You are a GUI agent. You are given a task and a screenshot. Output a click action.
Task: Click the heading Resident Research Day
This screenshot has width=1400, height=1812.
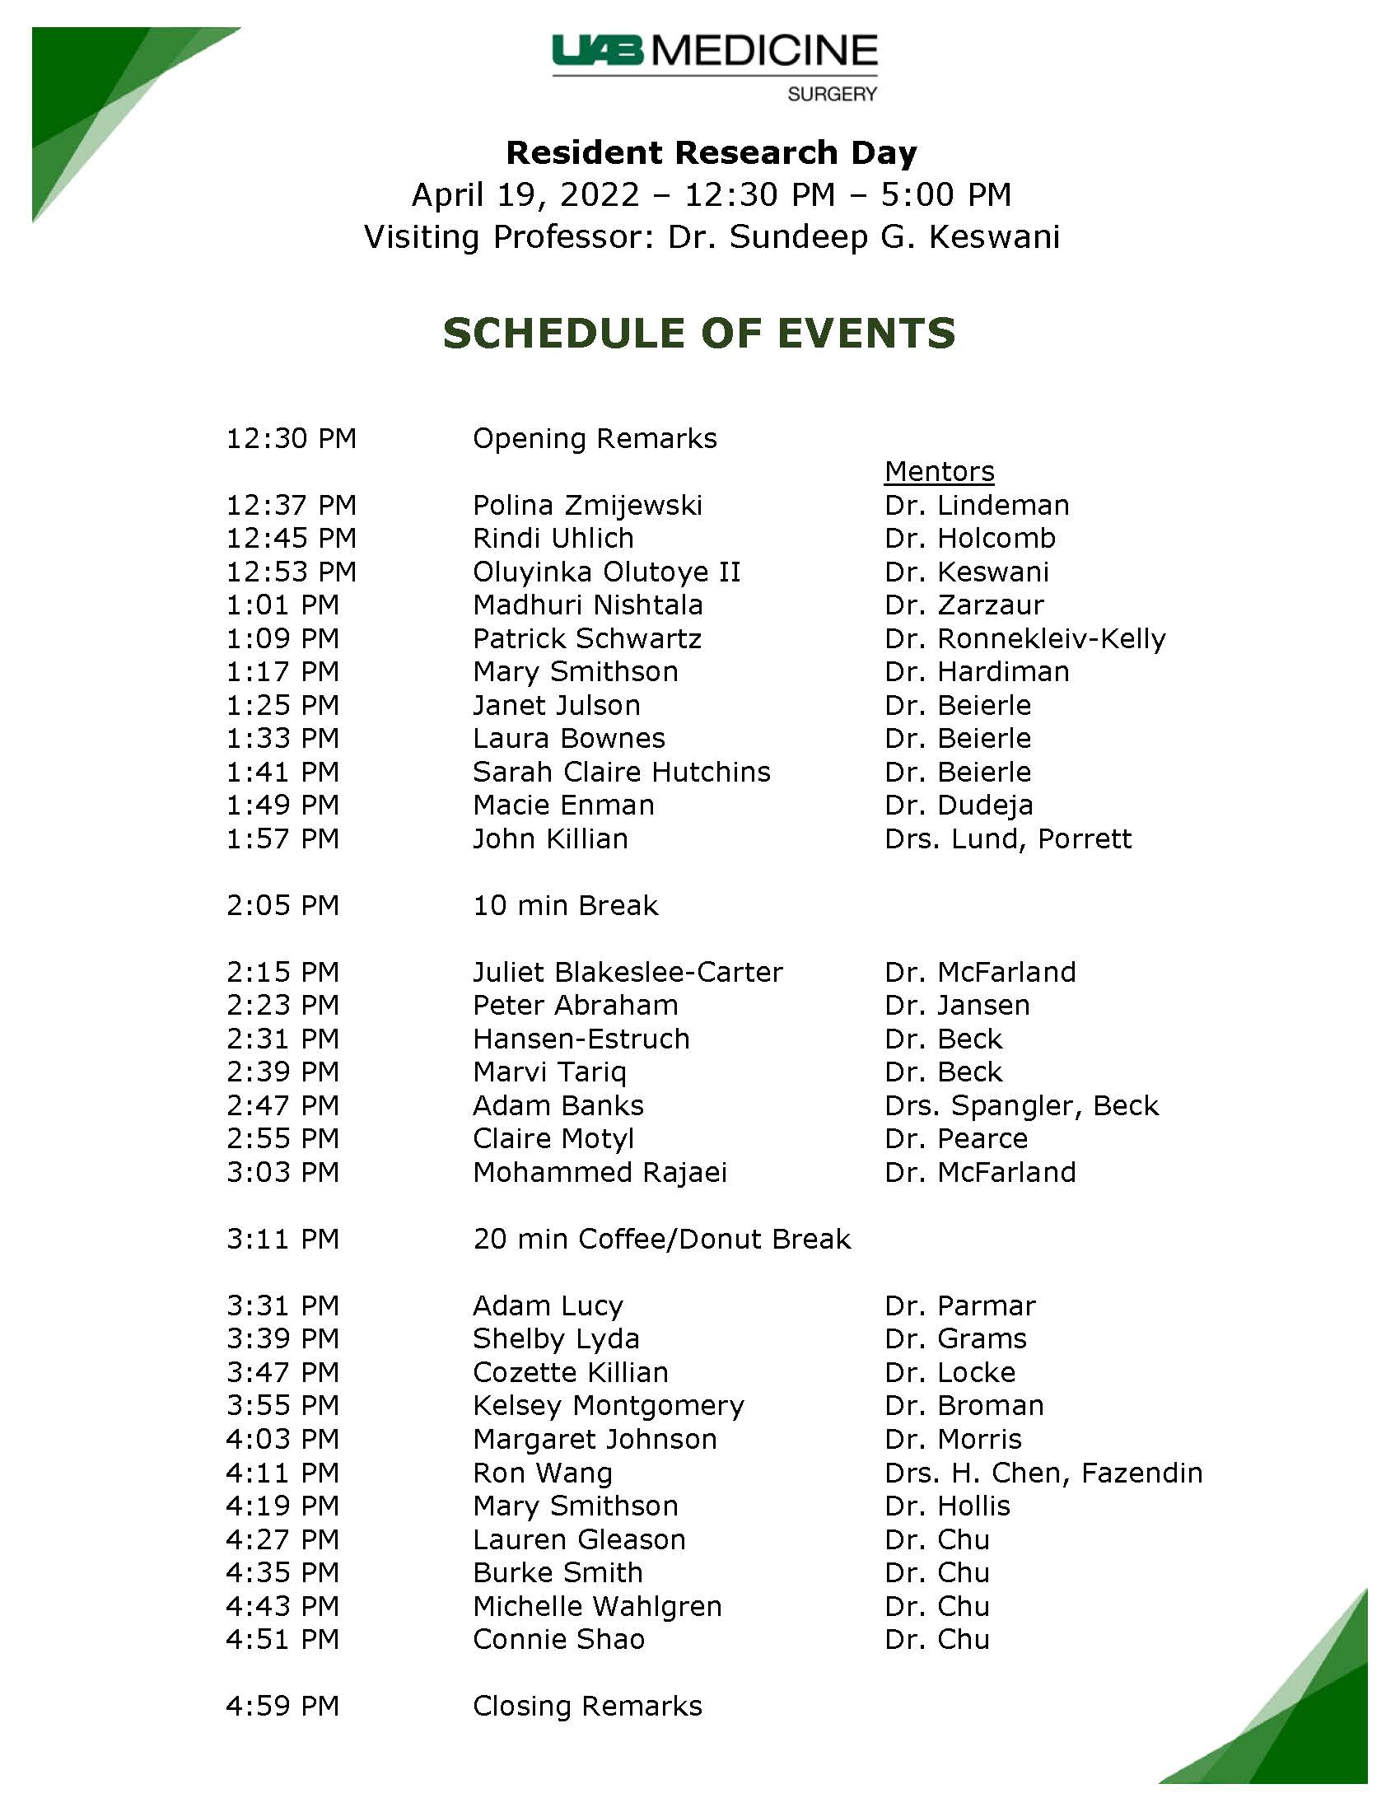pyautogui.click(x=712, y=153)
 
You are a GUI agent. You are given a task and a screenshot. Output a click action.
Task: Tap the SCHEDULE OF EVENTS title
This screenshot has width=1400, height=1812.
pyautogui.click(x=699, y=334)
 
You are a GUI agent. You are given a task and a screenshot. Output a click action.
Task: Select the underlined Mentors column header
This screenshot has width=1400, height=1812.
pyautogui.click(x=939, y=471)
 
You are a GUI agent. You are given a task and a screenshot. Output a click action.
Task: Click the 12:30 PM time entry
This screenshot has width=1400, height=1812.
pyautogui.click(x=291, y=438)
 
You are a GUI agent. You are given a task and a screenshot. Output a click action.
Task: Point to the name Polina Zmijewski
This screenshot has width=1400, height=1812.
pyautogui.click(x=587, y=505)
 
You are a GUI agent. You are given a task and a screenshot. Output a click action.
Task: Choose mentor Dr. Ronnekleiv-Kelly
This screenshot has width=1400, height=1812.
pyautogui.click(x=1025, y=638)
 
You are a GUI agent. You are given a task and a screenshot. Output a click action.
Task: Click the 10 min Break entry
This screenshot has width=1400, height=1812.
pyautogui.click(x=565, y=905)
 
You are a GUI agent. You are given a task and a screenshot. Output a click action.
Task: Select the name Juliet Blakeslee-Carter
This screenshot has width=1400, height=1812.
pyautogui.click(x=627, y=972)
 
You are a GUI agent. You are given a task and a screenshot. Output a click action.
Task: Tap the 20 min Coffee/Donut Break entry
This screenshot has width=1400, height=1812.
pyautogui.click(x=662, y=1239)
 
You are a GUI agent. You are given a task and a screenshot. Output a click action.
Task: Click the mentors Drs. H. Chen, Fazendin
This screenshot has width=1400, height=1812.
pyautogui.click(x=1043, y=1473)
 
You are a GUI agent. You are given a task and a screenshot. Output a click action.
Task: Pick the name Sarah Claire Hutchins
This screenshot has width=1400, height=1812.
pyautogui.click(x=621, y=772)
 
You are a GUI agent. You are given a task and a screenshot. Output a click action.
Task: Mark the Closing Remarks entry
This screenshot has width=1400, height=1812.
pyautogui.click(x=587, y=1706)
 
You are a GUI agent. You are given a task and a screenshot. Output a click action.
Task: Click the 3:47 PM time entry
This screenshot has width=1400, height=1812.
pyautogui.click(x=282, y=1372)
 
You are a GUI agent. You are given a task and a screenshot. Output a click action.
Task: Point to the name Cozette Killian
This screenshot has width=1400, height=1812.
pyautogui.click(x=571, y=1372)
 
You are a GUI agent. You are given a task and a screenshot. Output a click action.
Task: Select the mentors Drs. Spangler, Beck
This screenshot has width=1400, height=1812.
pyautogui.click(x=1022, y=1105)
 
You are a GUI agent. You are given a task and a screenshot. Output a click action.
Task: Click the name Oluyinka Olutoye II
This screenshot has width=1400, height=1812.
pyautogui.click(x=606, y=572)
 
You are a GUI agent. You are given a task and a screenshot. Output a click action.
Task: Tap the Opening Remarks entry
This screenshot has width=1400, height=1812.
pyautogui.click(x=595, y=438)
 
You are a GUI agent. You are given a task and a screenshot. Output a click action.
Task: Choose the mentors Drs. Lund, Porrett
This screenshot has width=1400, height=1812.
pyautogui.click(x=1008, y=838)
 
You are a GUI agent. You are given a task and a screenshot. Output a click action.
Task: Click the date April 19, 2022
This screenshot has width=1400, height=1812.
pyautogui.click(x=526, y=195)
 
